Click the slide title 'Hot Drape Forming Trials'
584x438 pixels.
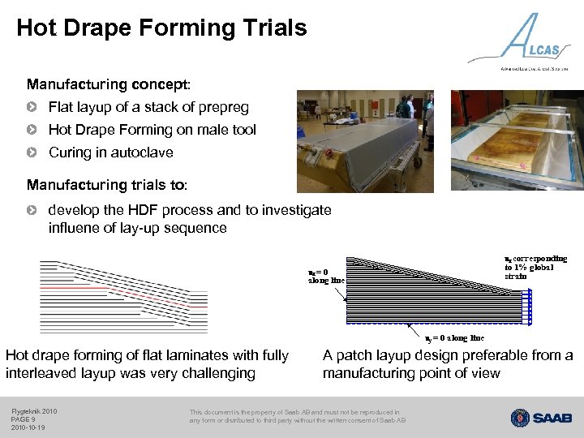click(161, 28)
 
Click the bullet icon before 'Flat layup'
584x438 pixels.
click(32, 107)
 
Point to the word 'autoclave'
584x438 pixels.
click(145, 152)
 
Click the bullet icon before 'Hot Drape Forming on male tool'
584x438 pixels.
click(32, 130)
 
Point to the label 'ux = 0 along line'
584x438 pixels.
click(326, 276)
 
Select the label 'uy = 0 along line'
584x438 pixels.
click(454, 337)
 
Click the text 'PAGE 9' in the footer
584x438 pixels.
click(24, 419)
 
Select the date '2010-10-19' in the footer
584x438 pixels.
click(28, 427)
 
